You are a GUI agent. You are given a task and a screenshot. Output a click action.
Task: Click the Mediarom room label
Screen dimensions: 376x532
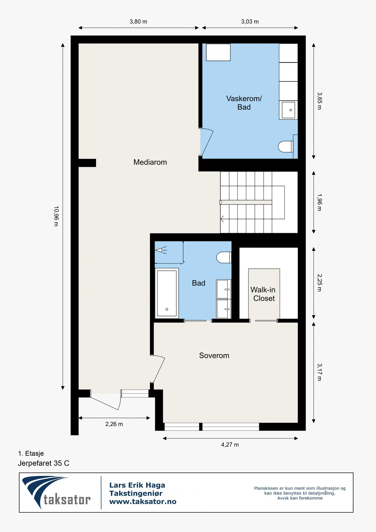(x=150, y=162)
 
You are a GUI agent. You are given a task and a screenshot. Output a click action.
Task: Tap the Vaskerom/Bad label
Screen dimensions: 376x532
(x=244, y=103)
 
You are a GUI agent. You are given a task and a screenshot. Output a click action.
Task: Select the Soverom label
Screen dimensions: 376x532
(x=214, y=356)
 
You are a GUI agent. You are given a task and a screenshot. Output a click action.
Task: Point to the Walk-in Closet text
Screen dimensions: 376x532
(x=263, y=294)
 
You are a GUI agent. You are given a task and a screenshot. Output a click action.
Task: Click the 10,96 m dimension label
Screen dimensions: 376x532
(x=56, y=216)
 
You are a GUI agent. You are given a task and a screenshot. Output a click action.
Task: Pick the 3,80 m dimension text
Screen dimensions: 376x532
(x=138, y=22)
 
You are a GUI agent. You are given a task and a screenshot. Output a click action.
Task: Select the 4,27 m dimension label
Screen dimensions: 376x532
(x=230, y=445)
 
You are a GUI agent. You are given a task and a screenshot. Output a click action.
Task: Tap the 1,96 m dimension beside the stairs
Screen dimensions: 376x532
(x=319, y=202)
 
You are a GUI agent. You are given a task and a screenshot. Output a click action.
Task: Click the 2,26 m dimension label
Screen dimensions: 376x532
(x=114, y=424)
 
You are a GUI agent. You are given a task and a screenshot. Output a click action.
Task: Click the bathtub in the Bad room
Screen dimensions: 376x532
(x=167, y=293)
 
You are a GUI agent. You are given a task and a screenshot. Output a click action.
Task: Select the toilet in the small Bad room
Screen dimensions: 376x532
(x=224, y=257)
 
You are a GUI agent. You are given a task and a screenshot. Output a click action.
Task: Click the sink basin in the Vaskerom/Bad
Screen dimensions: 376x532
(x=288, y=110)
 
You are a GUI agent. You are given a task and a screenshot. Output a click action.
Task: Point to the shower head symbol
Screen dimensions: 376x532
(x=161, y=250)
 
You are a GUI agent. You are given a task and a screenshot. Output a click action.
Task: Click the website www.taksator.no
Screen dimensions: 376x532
(x=143, y=502)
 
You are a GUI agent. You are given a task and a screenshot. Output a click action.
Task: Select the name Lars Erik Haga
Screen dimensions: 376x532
(x=137, y=485)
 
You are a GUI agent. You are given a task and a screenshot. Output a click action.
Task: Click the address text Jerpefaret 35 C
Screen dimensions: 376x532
(x=43, y=463)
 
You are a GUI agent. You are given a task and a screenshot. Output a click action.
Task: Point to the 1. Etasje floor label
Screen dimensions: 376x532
(x=31, y=453)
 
